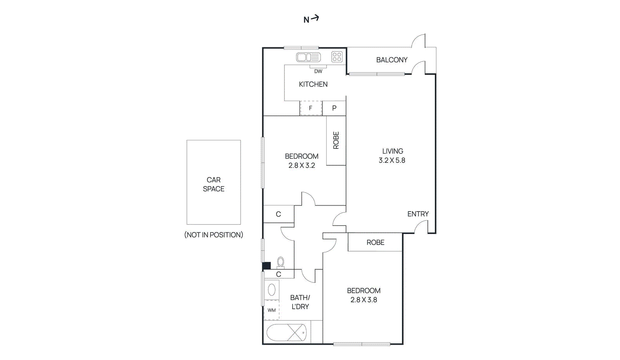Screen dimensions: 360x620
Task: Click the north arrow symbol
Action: [x=311, y=19]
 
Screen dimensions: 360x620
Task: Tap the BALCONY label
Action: [x=392, y=60]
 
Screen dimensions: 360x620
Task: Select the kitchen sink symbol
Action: [x=308, y=57]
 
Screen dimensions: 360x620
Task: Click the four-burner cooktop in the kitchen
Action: [x=337, y=57]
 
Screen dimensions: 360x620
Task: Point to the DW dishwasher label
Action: [x=318, y=71]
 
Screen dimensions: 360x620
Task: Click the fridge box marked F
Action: [x=311, y=108]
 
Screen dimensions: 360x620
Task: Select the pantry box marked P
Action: [x=334, y=108]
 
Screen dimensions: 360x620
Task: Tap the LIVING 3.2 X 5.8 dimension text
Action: [x=392, y=160]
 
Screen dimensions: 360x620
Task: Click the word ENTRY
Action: [x=418, y=214]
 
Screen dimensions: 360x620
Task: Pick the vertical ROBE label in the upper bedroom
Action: [x=336, y=140]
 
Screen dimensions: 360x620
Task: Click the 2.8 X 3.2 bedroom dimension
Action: [x=301, y=165]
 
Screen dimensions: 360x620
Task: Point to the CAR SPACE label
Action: [x=214, y=184]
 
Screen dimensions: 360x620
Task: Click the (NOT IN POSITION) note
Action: [x=214, y=235]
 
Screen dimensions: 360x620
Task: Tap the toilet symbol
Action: [x=281, y=262]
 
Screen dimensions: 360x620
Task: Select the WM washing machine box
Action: [x=272, y=310]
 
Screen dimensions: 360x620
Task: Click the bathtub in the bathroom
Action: [x=286, y=332]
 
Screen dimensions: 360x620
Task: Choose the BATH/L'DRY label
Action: [x=300, y=302]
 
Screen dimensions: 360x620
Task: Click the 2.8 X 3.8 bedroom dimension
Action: [x=363, y=300]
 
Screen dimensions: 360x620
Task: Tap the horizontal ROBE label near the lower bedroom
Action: [x=375, y=243]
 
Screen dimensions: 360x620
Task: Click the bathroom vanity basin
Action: [x=272, y=289]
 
